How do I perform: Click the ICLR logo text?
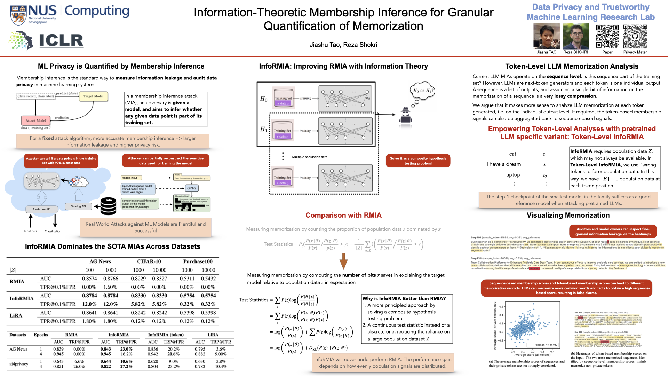pos(61,41)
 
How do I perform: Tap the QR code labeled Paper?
pos(607,37)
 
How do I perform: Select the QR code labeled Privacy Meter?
pos(635,37)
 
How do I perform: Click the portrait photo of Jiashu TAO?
pos(546,37)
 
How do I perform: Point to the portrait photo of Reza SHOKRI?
pos(576,37)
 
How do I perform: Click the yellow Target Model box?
pos(93,96)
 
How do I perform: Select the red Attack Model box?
pos(35,120)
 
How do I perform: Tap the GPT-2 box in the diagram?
pos(192,188)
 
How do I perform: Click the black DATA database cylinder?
pos(108,206)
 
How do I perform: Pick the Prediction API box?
pos(42,209)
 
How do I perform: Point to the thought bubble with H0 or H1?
pos(422,91)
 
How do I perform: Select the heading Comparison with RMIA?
pos(343,215)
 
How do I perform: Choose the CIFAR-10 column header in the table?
pos(149,261)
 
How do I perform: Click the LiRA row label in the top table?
pos(16,315)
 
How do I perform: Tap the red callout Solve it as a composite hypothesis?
pos(418,161)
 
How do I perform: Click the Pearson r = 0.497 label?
pos(546,345)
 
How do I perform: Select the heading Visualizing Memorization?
pos(568,215)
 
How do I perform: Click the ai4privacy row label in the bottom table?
pos(19,364)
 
